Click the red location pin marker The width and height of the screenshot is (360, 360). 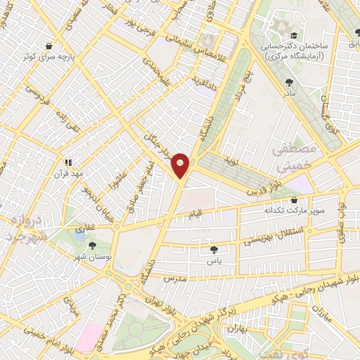(181, 165)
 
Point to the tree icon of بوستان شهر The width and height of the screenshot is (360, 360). (92, 245)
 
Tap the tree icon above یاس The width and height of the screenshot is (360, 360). (212, 248)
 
